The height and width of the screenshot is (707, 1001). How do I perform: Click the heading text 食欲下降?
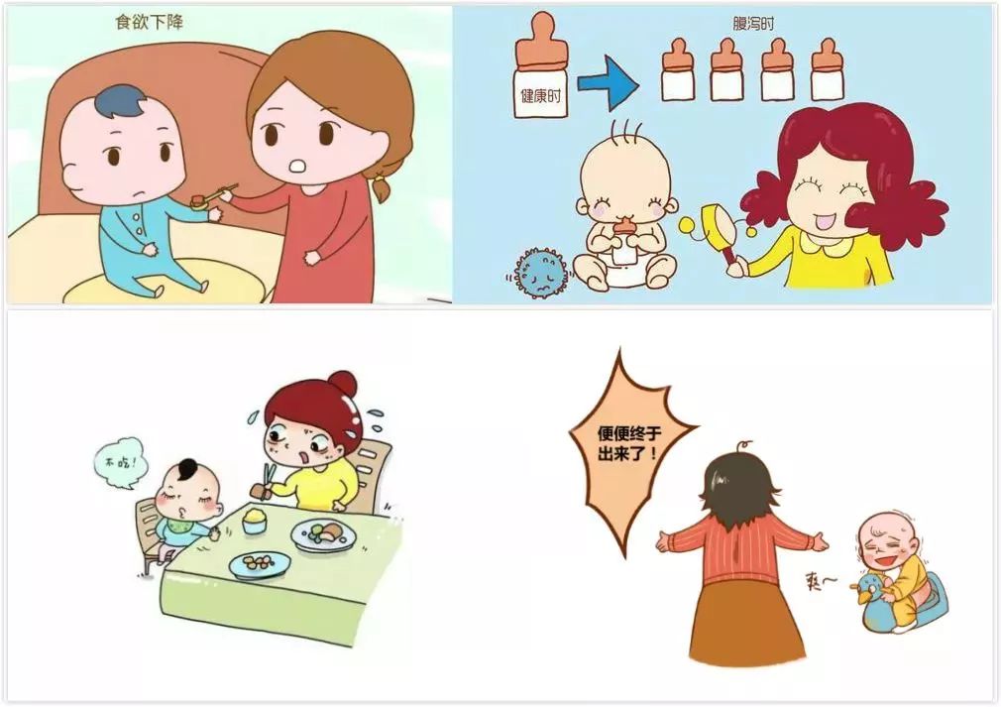point(150,22)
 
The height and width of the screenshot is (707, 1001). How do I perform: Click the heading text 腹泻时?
point(753,24)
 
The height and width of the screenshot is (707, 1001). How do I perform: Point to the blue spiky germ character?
point(540,274)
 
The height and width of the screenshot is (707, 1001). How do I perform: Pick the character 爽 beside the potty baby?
point(816,580)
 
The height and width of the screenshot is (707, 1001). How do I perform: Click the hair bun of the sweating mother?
point(343,384)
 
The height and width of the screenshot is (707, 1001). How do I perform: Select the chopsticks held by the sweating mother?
point(269,476)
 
